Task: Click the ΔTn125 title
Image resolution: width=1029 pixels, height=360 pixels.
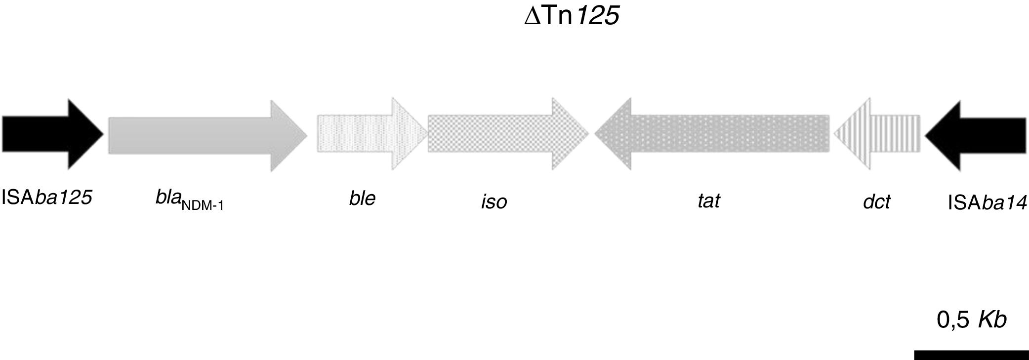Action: [572, 16]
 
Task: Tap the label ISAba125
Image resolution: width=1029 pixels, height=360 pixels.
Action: [47, 198]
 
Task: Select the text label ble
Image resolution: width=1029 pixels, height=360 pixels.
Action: [362, 198]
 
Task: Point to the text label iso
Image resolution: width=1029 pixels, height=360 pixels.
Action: [494, 201]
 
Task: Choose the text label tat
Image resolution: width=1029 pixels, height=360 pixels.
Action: [708, 200]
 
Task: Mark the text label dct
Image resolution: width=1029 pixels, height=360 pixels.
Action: [876, 201]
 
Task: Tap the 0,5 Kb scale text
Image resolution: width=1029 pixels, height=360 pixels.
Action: [971, 320]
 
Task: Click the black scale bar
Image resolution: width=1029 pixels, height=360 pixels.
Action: [971, 355]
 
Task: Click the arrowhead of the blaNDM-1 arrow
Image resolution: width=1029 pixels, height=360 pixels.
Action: [291, 135]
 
